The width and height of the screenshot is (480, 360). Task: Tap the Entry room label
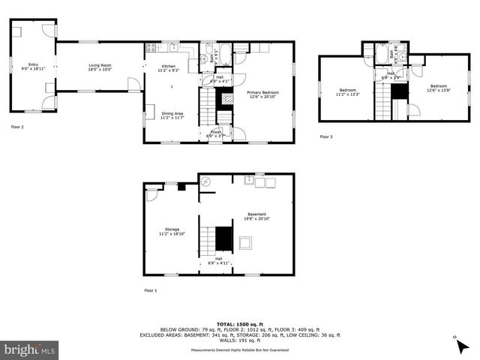pyautogui.click(x=33, y=66)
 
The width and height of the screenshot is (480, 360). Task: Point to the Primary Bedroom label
pyautogui.click(x=262, y=94)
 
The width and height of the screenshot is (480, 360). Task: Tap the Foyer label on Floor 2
pyautogui.click(x=214, y=133)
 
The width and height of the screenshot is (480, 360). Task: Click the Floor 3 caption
pyautogui.click(x=325, y=136)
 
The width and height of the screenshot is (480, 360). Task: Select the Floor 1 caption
pyautogui.click(x=151, y=289)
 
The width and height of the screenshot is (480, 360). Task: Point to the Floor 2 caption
pyautogui.click(x=16, y=127)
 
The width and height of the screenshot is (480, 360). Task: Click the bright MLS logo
pyautogui.click(x=30, y=349)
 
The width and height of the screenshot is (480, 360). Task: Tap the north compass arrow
pyautogui.click(x=458, y=343)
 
